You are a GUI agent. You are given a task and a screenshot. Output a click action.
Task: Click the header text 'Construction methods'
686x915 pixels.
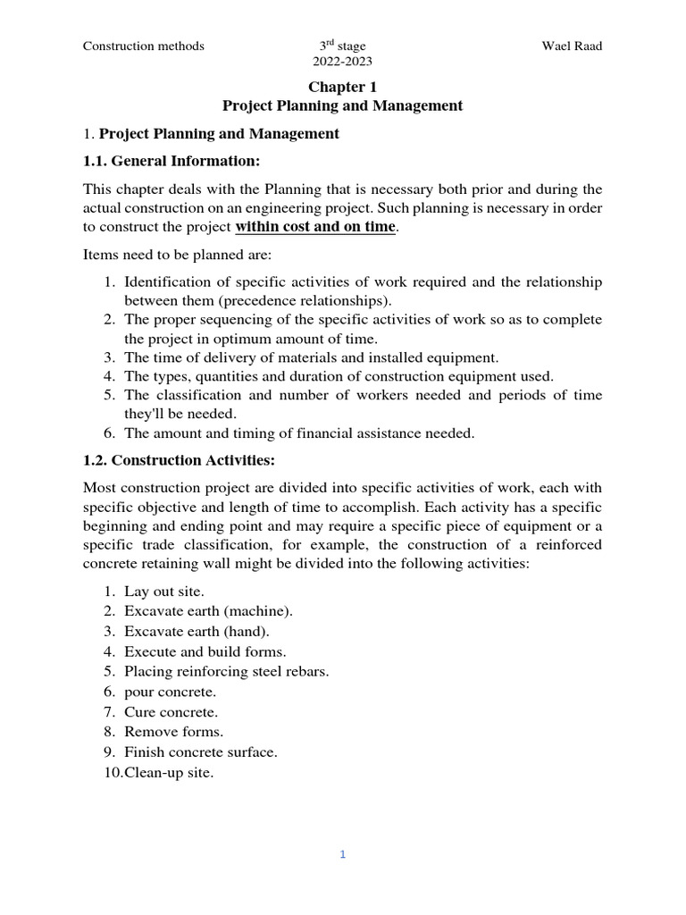click(144, 46)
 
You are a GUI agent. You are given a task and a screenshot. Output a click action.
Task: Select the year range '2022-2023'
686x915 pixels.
click(342, 62)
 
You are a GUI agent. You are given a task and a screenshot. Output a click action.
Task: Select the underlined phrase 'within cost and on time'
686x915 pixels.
click(314, 226)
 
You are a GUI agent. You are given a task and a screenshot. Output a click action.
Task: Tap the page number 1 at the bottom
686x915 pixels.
click(342, 854)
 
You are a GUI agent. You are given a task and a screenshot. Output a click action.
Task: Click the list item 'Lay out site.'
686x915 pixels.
click(164, 592)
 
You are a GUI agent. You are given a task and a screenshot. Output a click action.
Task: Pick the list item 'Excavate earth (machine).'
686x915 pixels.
click(208, 611)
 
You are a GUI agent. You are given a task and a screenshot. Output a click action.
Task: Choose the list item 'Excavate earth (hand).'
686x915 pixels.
click(197, 631)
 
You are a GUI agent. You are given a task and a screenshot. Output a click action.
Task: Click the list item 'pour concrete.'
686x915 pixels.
click(171, 692)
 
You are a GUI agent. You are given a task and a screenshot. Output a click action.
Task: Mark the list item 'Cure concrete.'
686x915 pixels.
click(171, 712)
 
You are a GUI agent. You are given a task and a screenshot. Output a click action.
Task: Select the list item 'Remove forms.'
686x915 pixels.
click(173, 732)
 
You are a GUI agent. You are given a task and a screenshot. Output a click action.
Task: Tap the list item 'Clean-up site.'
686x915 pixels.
click(169, 772)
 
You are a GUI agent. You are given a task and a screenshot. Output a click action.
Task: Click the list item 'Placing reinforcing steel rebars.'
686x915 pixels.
click(226, 671)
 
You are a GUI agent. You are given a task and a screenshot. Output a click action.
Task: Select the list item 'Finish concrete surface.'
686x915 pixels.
click(201, 752)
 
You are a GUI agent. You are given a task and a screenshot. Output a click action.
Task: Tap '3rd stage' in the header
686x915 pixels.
click(342, 46)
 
